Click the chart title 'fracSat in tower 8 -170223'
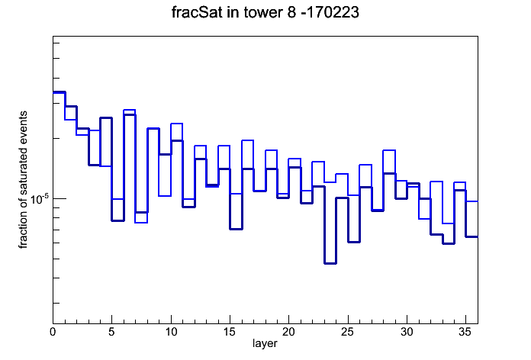click(265, 12)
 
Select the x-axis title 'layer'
click(265, 343)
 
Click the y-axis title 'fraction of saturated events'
click(23, 180)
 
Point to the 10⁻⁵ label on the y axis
click(40, 199)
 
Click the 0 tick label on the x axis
click(53, 332)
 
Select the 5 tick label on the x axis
click(111, 332)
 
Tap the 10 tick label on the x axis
click(171, 332)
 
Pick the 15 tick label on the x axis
click(230, 332)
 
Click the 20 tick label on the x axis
click(288, 332)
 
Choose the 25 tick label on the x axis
click(348, 332)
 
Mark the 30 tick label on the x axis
click(407, 332)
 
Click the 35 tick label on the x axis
click(465, 332)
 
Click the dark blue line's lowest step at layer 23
click(330, 263)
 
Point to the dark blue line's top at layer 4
click(106, 118)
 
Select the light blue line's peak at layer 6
click(130, 110)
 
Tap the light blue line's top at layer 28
click(389, 150)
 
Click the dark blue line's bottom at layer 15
click(236, 229)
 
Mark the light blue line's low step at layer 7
click(141, 223)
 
